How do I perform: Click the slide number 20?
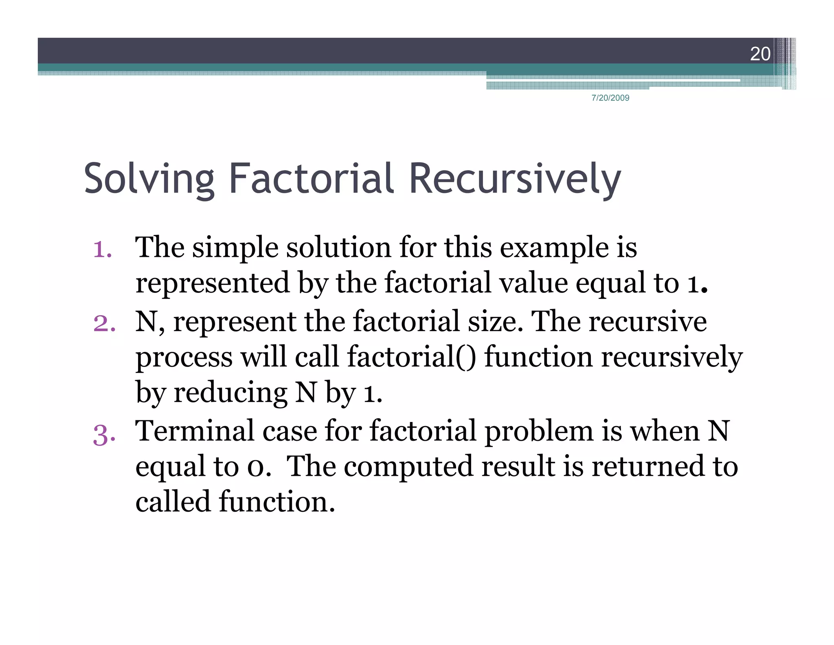(x=760, y=54)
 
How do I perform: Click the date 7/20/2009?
(x=610, y=98)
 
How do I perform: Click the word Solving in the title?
(x=149, y=179)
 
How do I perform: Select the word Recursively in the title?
(x=515, y=179)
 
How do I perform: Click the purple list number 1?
(x=102, y=250)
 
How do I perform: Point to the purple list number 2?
(x=104, y=323)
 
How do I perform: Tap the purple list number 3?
(x=104, y=435)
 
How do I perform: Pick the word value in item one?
(x=533, y=283)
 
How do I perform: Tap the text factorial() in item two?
(x=411, y=357)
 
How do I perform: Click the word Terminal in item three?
(x=195, y=431)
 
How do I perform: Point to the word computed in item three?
(x=408, y=467)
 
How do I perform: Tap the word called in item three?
(x=173, y=501)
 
